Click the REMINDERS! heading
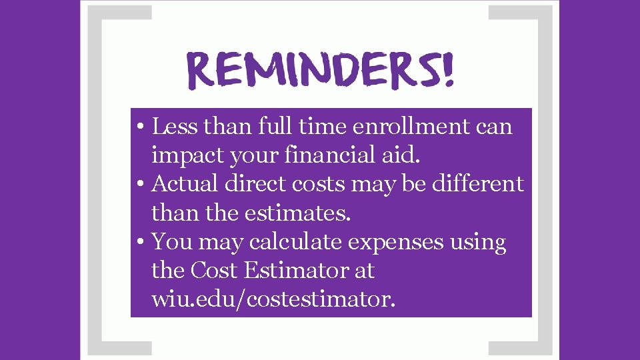tap(320, 69)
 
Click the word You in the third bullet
tap(171, 242)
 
